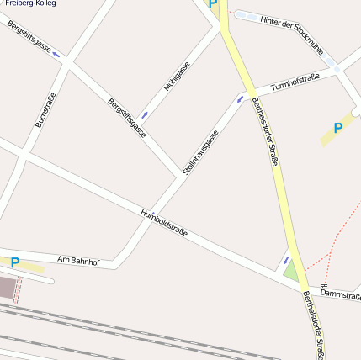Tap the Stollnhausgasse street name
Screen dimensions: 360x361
click(x=201, y=151)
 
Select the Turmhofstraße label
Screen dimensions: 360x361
click(x=295, y=82)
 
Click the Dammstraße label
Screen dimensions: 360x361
click(x=341, y=295)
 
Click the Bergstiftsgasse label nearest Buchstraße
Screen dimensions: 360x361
click(x=29, y=39)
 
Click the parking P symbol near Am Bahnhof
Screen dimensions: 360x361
click(x=14, y=263)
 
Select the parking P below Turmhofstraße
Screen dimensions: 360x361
click(x=338, y=129)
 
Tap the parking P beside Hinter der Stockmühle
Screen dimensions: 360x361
click(x=213, y=4)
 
